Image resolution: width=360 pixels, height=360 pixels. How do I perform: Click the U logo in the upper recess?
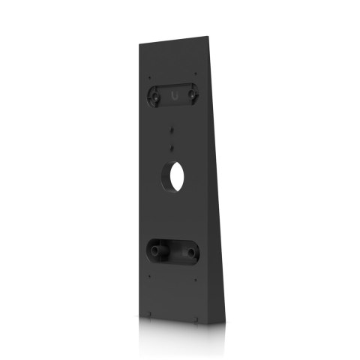(x=174, y=97)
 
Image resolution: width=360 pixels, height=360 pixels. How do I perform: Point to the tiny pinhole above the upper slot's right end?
(x=196, y=73)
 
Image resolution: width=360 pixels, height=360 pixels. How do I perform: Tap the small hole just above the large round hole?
(x=172, y=145)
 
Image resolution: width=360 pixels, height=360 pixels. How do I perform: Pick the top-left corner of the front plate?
(x=138, y=44)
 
